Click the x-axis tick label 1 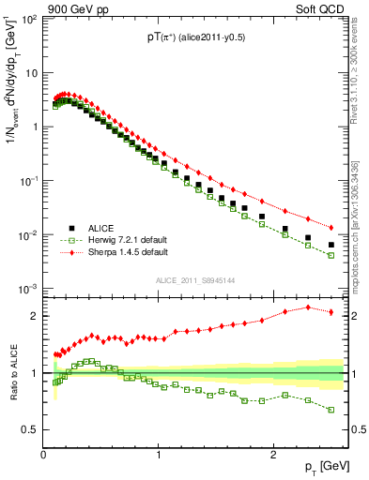point(159,455)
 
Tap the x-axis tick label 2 point(272,455)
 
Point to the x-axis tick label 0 point(44,455)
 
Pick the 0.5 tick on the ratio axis point(30,429)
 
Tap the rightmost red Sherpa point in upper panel point(331,227)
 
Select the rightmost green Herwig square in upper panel point(331,255)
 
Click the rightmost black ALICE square point(331,245)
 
